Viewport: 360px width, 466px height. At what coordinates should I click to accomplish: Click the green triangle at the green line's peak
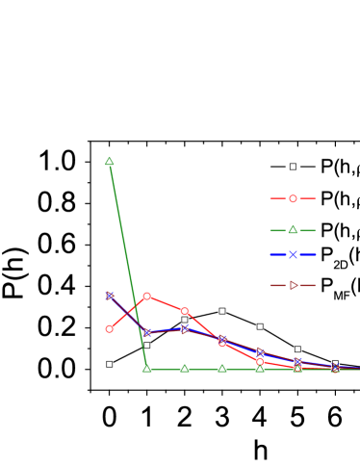tap(110, 161)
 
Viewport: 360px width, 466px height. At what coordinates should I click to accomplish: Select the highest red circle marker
tap(146, 297)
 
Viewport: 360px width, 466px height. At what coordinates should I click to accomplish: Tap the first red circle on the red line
tap(110, 329)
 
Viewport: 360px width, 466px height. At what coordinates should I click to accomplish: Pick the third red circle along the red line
tap(184, 311)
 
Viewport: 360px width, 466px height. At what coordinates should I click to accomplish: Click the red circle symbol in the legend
tap(293, 198)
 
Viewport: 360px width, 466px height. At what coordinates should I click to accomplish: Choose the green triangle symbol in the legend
tap(293, 230)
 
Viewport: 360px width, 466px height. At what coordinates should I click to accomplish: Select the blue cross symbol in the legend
tap(293, 254)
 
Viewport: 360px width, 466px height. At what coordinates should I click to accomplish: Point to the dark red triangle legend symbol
tap(294, 285)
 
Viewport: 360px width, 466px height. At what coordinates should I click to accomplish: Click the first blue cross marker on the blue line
tap(109, 296)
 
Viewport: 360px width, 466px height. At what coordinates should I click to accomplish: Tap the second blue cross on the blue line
tap(147, 332)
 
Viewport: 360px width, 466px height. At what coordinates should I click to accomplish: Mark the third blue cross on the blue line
tap(184, 328)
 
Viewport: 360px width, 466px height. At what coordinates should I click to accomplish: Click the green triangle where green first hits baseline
tap(146, 368)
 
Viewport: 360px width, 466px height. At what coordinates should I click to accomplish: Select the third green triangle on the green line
tap(184, 368)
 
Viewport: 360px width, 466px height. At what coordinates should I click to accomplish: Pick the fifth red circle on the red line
tap(259, 361)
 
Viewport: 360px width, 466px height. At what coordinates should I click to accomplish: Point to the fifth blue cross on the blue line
tap(259, 351)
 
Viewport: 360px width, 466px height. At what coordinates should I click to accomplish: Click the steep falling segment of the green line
tap(128, 265)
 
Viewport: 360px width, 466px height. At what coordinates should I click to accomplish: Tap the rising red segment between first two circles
tap(128, 313)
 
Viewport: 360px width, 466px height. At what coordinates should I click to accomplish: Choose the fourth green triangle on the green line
tap(221, 368)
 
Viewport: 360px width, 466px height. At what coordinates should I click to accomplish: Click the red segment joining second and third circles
tap(166, 303)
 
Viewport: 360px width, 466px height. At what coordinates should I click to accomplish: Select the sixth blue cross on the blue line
tap(297, 361)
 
